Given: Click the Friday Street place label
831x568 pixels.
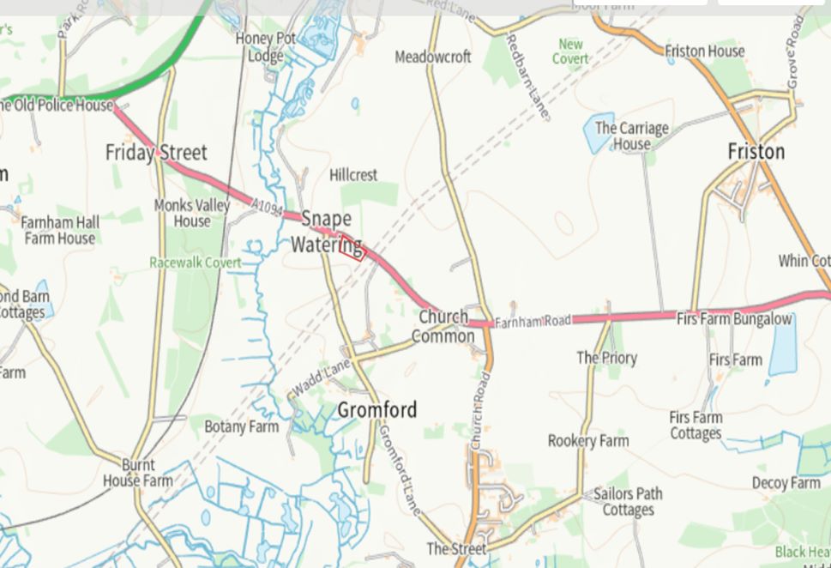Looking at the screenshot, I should point(156,154).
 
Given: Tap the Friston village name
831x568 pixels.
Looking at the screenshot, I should point(756,152).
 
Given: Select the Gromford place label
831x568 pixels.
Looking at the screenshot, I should point(376,410).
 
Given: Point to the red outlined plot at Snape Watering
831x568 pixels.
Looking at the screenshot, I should point(352,248).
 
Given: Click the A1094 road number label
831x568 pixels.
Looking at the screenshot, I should point(268,206).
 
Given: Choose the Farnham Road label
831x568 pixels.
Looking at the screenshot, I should point(533,321).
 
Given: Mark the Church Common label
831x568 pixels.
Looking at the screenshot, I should point(443,326).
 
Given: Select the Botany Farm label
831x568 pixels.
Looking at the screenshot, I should point(241,426).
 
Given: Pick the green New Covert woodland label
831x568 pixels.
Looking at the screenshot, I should point(570,51).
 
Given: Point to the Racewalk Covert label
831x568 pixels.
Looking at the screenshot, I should point(196,263).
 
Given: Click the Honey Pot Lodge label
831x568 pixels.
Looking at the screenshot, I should point(266,47).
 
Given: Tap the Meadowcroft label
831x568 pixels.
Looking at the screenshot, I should point(433,57).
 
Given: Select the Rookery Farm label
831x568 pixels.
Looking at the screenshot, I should point(588,441).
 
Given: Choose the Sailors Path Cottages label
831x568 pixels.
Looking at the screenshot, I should point(628,501).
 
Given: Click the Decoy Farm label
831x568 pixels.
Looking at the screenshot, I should point(786,483).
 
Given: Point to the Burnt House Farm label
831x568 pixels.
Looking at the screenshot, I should point(137,473).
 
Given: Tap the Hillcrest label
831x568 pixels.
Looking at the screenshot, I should point(353,175).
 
